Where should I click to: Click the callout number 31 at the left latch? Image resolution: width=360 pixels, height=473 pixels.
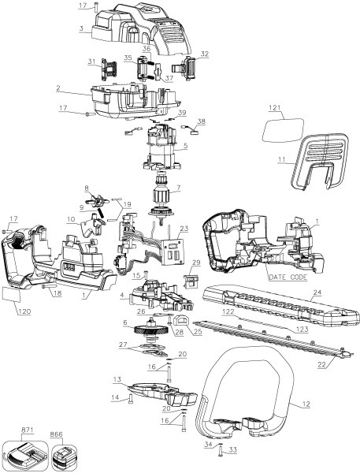coord(91,61)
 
